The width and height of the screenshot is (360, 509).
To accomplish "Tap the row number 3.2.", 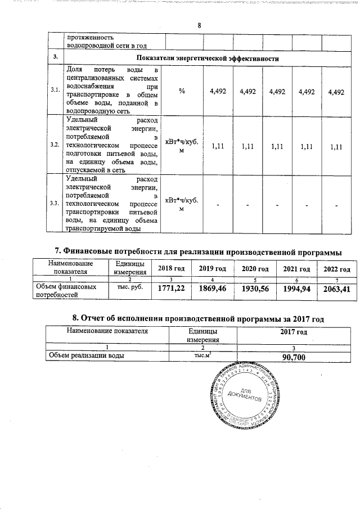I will (55, 145).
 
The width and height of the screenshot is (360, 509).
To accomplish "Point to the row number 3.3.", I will (55, 203).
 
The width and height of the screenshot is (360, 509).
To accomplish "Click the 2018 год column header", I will (172, 268).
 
